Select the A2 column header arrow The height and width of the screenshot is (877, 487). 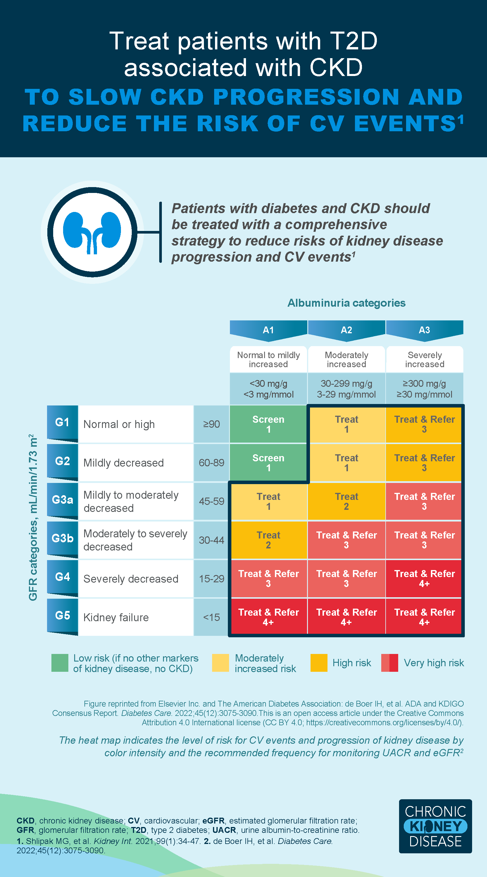pyautogui.click(x=346, y=330)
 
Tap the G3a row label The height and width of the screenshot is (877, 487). pyautogui.click(x=63, y=499)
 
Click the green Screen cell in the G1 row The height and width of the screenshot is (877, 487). pyautogui.click(x=268, y=424)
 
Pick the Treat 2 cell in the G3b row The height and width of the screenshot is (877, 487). pyautogui.click(x=268, y=540)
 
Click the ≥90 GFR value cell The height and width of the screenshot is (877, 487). pyautogui.click(x=211, y=424)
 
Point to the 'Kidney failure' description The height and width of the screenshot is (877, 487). pyautogui.click(x=116, y=617)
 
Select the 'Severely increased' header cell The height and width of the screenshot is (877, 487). pyautogui.click(x=424, y=360)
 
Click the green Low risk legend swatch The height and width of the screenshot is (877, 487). pyautogui.click(x=60, y=663)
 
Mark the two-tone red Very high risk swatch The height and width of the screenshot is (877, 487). pyautogui.click(x=389, y=663)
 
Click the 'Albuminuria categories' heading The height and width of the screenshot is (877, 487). pyautogui.click(x=346, y=303)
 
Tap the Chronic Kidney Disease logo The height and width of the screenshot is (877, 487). pyautogui.click(x=435, y=826)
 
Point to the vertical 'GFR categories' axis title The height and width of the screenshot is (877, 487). pyautogui.click(x=33, y=517)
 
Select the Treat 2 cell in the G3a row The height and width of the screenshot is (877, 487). pyautogui.click(x=346, y=501)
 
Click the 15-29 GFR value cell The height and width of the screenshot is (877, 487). pyautogui.click(x=211, y=579)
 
